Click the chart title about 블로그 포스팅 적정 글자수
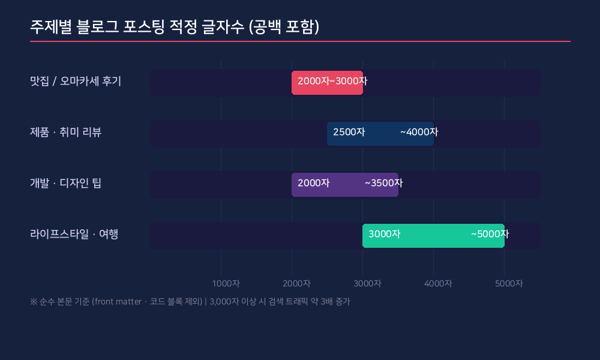tap(175, 27)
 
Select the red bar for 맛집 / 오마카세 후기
tap(327, 83)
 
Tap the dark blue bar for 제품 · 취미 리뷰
tap(380, 133)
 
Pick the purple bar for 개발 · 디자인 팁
tap(345, 184)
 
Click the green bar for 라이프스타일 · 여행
tap(433, 235)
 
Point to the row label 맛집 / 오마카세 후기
tap(76, 81)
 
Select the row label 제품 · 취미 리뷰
tap(66, 132)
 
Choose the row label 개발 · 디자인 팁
tap(66, 183)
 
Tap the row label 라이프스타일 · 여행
tap(74, 234)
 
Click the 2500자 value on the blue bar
tap(349, 132)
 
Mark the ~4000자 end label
tap(419, 132)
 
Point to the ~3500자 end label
tap(383, 183)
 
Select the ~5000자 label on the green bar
tap(490, 234)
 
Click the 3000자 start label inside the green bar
tap(384, 234)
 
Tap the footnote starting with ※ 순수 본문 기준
tap(190, 302)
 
